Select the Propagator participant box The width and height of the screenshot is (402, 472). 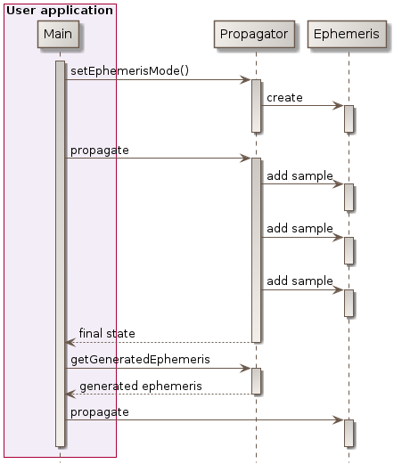coord(255,35)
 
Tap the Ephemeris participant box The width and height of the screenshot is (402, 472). coord(348,35)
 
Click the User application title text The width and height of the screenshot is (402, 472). coord(59,11)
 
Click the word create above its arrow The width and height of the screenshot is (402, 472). coord(283,96)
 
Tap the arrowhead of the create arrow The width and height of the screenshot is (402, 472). coord(338,106)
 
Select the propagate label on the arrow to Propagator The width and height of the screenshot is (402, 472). coord(99,150)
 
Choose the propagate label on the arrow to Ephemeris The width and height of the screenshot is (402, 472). coord(99,411)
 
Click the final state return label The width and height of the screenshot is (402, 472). coord(107,333)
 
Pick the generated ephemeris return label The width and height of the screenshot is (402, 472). coord(141,386)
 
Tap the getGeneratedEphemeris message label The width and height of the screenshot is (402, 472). coord(140,359)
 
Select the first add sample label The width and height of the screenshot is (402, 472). coord(299,175)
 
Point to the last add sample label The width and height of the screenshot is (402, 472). coord(299,281)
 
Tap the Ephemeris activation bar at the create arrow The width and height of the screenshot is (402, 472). coord(349,118)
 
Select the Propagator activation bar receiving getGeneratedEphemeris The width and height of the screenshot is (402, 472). coord(256,380)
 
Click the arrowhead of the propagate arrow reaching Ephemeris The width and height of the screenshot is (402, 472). coord(338,420)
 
